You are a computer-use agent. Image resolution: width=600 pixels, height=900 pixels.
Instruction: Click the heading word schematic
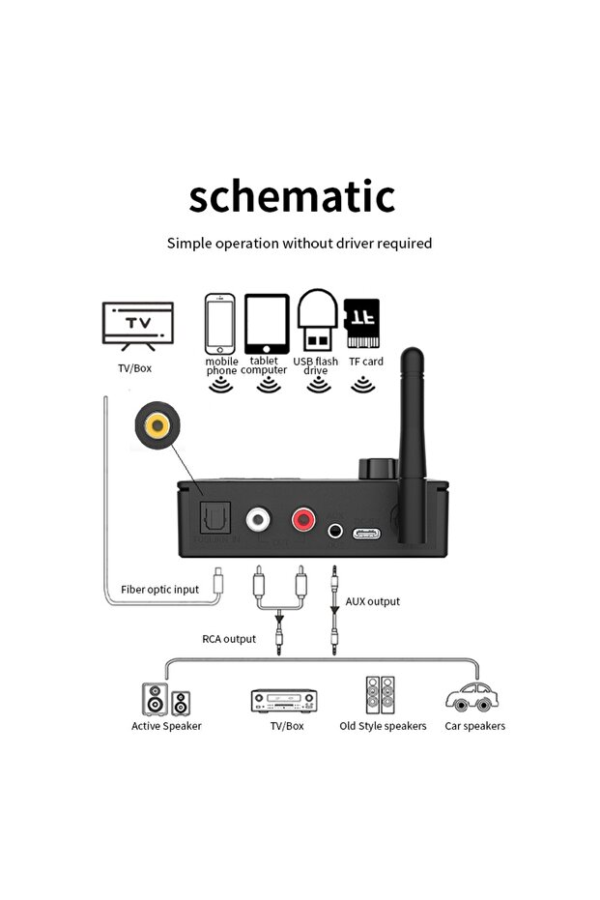click(x=292, y=196)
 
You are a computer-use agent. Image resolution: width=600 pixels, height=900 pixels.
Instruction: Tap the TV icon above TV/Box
click(x=137, y=326)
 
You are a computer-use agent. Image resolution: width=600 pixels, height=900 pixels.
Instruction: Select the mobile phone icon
click(x=220, y=323)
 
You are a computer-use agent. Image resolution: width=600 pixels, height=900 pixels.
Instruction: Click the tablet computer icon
click(x=267, y=324)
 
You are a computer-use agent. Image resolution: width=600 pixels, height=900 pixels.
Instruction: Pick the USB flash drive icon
click(x=316, y=320)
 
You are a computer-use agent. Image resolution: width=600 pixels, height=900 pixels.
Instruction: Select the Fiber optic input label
click(x=159, y=589)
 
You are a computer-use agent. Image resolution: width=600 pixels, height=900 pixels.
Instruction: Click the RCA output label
click(x=229, y=638)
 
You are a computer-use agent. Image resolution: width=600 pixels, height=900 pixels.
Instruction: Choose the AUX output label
click(x=373, y=601)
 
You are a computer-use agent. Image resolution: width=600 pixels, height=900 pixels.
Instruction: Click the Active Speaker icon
click(x=166, y=699)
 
